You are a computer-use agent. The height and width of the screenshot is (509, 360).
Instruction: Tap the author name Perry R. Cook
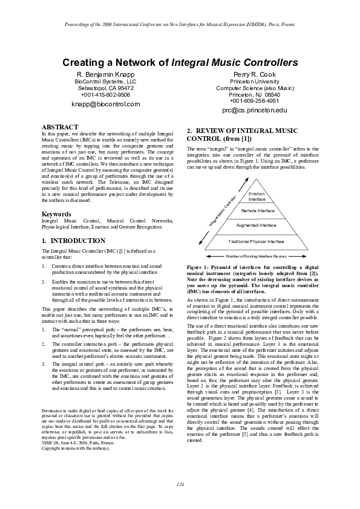254,74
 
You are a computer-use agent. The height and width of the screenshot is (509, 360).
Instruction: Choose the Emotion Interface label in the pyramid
257,196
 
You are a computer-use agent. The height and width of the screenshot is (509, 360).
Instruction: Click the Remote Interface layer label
258,211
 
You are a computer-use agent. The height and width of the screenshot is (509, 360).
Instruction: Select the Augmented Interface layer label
256,225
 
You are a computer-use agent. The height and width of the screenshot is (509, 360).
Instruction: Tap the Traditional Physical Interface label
256,241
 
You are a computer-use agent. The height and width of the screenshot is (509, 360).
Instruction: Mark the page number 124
180,485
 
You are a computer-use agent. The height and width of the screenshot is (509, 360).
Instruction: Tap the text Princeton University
254,81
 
